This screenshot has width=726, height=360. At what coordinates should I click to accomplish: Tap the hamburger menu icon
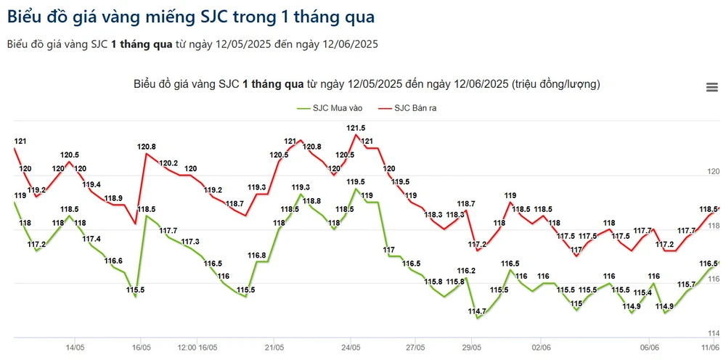[711, 88]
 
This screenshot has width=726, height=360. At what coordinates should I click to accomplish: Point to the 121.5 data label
[356, 128]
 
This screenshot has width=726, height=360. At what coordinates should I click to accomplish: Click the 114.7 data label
[477, 311]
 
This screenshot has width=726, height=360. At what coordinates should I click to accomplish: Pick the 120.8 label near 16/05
[147, 147]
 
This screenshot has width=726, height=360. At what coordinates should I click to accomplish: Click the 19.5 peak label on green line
[356, 182]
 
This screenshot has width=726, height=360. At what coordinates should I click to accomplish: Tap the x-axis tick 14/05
[74, 347]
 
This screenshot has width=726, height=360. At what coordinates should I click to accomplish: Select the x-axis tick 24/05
[351, 347]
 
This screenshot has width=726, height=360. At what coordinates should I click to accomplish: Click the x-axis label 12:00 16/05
[198, 347]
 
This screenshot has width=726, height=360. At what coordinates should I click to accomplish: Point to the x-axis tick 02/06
[540, 347]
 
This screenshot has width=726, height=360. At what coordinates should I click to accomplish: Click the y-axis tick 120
[713, 172]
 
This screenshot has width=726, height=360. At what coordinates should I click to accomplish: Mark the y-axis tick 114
[713, 332]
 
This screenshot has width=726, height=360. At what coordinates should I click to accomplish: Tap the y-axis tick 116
[713, 279]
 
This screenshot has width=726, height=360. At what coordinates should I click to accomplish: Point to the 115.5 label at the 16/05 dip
[135, 290]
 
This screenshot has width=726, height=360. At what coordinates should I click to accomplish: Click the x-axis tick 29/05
[472, 347]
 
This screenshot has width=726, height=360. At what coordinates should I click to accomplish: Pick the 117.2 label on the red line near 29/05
[477, 244]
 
